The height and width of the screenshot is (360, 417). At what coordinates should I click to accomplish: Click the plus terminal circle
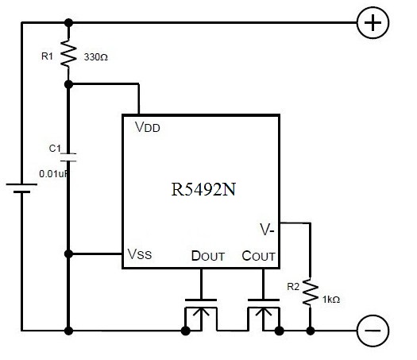[x=373, y=22]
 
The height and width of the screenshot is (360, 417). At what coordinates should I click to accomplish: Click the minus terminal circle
[x=373, y=331]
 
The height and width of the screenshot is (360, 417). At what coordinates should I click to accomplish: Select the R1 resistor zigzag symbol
[x=68, y=53]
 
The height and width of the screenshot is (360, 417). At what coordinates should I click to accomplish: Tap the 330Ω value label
[x=96, y=57]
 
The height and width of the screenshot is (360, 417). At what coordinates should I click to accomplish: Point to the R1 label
[x=47, y=56]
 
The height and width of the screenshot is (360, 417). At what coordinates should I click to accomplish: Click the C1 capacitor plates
[x=68, y=157]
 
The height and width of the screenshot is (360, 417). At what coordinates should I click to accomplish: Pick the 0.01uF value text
[x=53, y=174]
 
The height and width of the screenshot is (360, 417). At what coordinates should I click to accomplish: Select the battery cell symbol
[x=21, y=188]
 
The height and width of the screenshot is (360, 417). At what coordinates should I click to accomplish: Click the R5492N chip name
[x=203, y=189]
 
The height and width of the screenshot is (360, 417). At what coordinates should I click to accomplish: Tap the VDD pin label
[x=148, y=127]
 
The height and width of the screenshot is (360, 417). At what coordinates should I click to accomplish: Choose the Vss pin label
[x=140, y=254]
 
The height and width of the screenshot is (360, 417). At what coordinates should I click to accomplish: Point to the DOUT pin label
[x=208, y=256]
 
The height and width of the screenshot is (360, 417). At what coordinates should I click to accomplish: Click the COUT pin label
[x=258, y=256]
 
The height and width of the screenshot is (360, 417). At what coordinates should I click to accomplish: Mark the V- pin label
[x=267, y=230]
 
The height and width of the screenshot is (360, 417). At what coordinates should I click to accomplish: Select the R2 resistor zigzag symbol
[x=310, y=292]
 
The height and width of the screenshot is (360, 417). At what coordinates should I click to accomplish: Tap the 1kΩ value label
[x=331, y=300]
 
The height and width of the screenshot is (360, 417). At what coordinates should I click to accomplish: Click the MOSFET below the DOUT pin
[x=201, y=315]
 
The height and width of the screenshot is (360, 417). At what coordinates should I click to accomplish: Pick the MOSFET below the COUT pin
[x=264, y=315]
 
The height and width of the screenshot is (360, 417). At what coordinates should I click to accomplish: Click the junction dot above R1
[x=68, y=23]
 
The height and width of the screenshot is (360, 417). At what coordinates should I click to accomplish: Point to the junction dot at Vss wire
[x=68, y=254]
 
